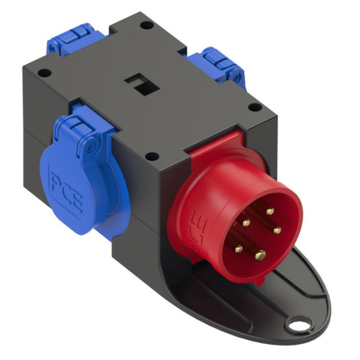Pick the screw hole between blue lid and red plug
point(153,156)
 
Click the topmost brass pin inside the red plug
point(269,211)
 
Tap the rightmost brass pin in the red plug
point(278,230)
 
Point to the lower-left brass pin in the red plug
point(238,249)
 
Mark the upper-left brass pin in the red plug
point(246,222)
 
